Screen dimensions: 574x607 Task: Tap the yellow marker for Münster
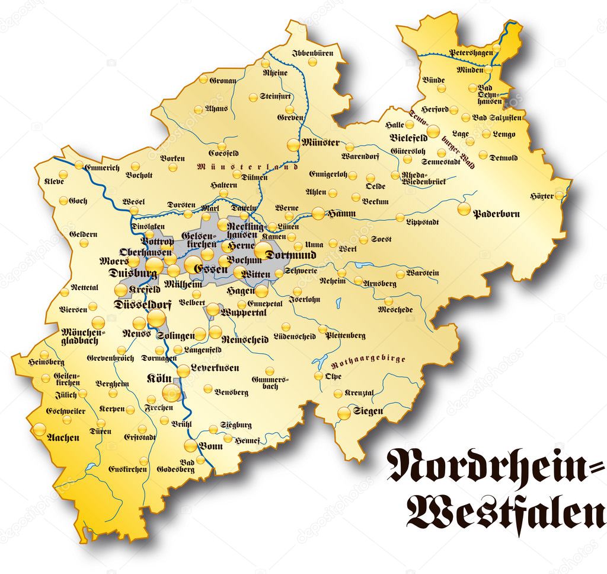[x=293, y=144]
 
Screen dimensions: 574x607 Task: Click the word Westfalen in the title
[x=504, y=515]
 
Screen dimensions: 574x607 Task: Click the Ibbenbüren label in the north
[x=312, y=53]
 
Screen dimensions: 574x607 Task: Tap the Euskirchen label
[x=127, y=469]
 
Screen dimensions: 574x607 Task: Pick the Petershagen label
[x=472, y=52]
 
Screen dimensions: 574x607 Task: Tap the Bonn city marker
[x=190, y=446]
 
